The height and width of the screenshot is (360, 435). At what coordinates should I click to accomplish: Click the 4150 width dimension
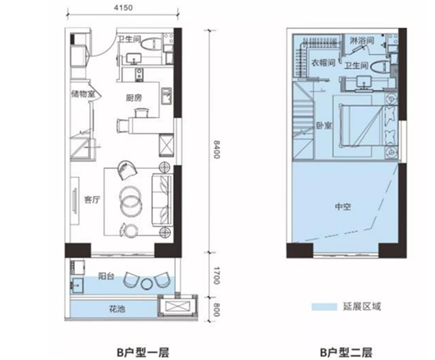click(x=123, y=8)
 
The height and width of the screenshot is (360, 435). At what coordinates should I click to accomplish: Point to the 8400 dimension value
click(x=217, y=149)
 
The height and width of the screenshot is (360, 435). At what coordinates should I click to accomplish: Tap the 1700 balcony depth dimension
click(x=217, y=276)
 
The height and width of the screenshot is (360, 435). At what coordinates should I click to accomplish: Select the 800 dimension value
click(x=217, y=309)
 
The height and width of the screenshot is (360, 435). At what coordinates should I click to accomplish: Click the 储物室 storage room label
click(x=83, y=94)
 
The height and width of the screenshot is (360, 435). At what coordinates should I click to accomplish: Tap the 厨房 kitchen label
click(x=134, y=98)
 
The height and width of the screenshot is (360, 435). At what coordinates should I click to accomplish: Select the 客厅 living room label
click(x=92, y=199)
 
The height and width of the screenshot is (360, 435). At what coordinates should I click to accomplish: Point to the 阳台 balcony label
click(x=106, y=276)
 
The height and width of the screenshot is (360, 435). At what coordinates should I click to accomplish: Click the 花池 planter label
click(x=117, y=308)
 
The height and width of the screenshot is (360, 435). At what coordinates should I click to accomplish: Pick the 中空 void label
click(x=343, y=207)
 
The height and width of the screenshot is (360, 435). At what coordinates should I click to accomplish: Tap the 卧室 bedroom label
click(x=324, y=125)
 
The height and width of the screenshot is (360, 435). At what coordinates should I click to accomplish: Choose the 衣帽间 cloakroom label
click(x=323, y=62)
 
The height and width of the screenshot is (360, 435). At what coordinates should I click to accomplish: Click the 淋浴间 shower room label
click(x=362, y=41)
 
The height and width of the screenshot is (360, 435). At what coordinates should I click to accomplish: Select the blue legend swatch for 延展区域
click(x=324, y=307)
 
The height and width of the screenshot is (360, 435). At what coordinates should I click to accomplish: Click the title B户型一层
click(x=143, y=353)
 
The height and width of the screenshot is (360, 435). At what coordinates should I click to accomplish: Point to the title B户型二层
click(x=346, y=353)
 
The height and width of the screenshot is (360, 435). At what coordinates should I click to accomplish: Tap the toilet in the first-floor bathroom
click(x=151, y=43)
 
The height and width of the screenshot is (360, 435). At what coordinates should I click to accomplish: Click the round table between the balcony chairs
click(x=146, y=284)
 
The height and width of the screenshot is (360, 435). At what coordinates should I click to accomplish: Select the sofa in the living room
click(x=163, y=199)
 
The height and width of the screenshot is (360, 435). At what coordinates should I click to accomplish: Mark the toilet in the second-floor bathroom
click(x=378, y=66)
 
